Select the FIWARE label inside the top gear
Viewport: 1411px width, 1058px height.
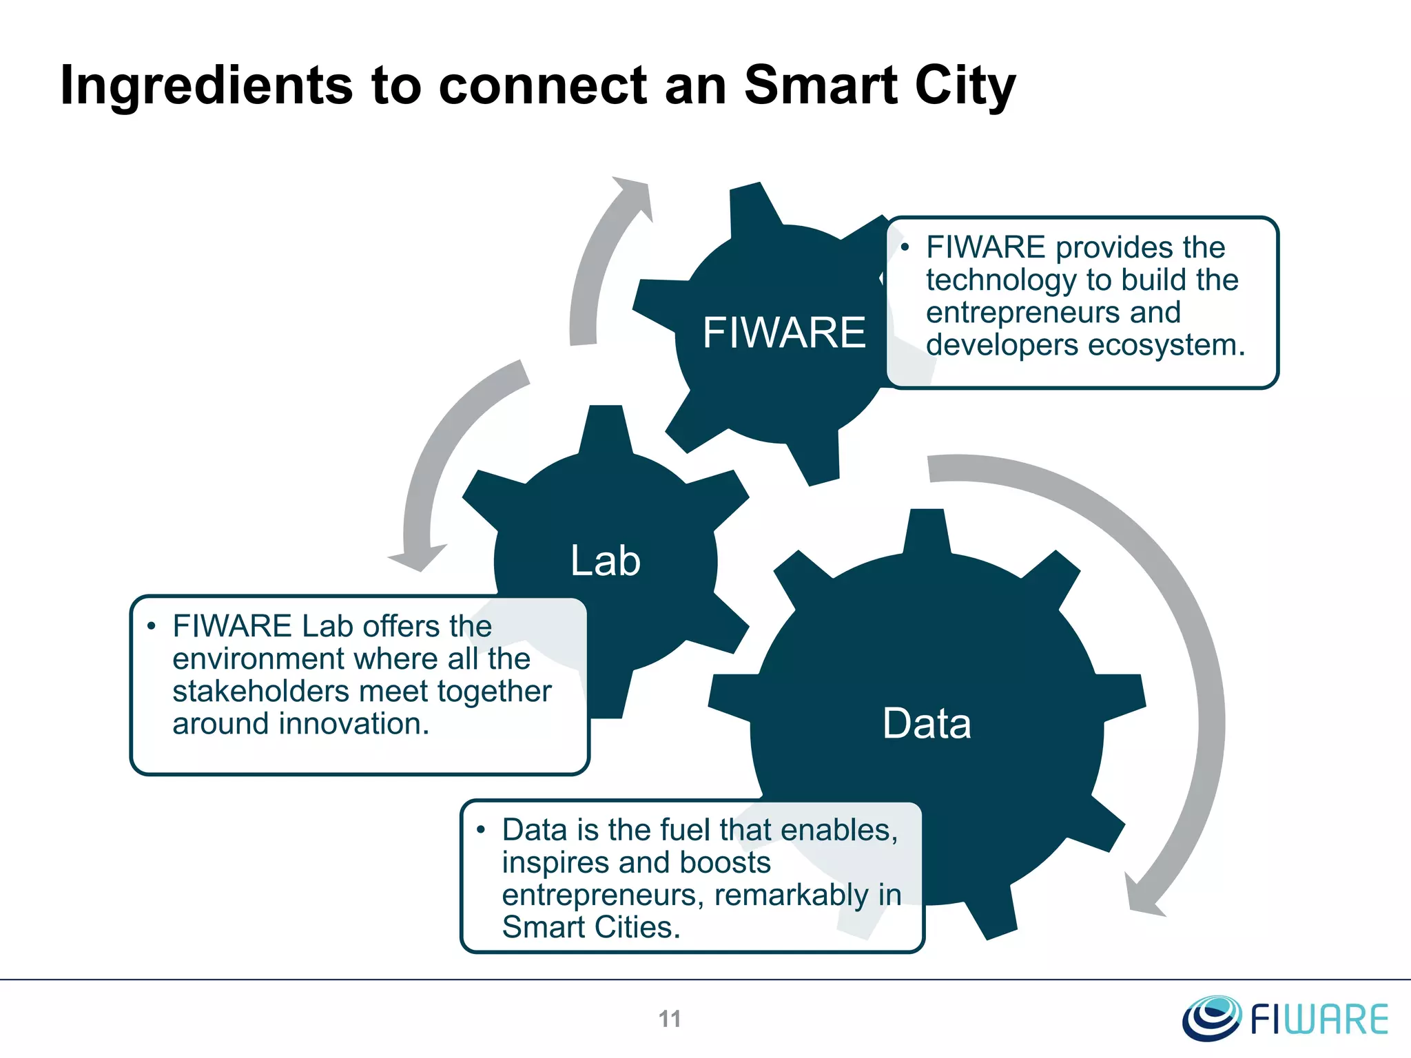784,333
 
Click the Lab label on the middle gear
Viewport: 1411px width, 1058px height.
606,561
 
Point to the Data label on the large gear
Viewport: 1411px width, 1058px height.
927,724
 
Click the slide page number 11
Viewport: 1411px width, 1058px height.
670,1019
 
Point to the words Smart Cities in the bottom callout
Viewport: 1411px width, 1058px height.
590,927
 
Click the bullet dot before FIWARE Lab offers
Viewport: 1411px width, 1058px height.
151,626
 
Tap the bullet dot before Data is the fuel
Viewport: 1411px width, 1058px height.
481,829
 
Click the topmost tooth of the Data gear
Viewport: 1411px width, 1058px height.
927,530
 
